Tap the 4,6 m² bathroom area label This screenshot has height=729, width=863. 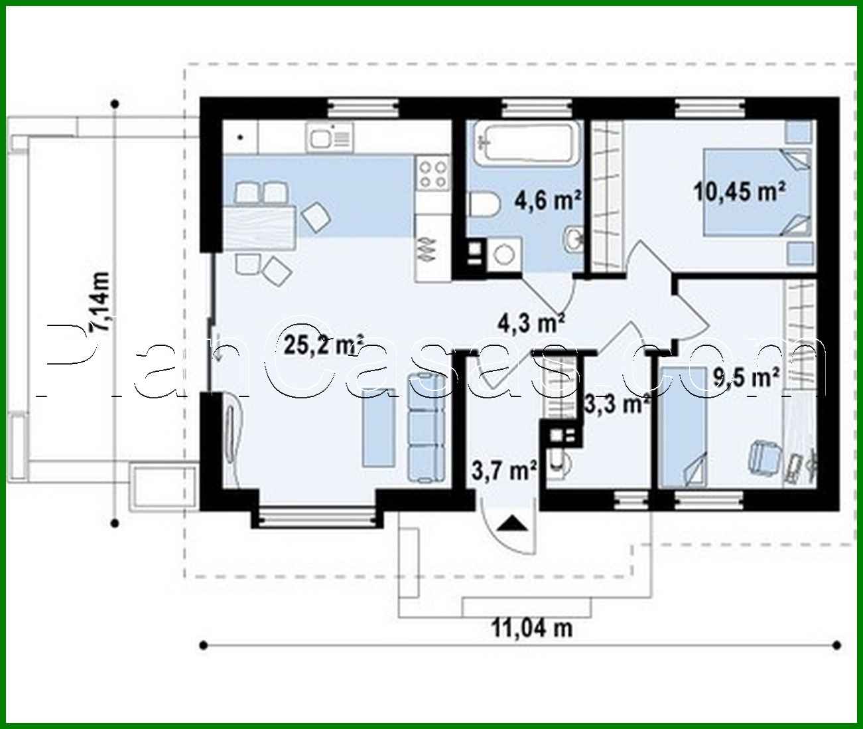click(x=549, y=199)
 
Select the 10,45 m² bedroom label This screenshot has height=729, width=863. click(x=740, y=192)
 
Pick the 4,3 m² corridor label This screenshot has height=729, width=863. click(x=531, y=323)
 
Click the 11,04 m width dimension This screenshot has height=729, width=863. click(x=531, y=627)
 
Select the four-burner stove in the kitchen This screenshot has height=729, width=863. click(x=432, y=173)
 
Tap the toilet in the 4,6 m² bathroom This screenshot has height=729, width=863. click(x=484, y=204)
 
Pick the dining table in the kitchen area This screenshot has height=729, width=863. click(x=259, y=226)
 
